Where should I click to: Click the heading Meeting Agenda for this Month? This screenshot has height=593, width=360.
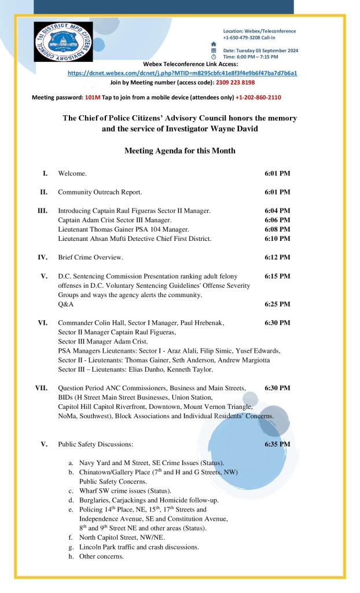179,151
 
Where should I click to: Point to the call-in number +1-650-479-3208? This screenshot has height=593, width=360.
243,36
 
